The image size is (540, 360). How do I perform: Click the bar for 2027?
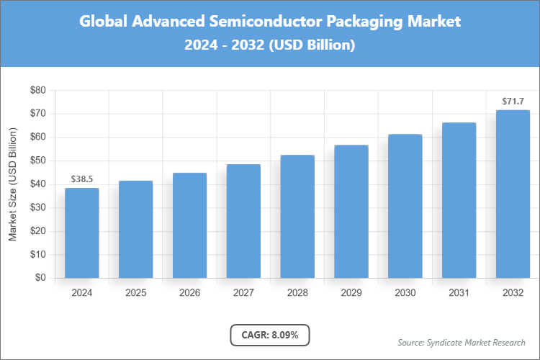tap(243, 221)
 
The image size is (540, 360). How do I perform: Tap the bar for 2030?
tap(405, 206)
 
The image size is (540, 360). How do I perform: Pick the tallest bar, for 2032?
tap(513, 194)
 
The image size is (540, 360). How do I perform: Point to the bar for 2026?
tap(189, 225)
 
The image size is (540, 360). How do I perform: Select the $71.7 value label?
tap(513, 102)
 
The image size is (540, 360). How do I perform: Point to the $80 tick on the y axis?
tap(37, 91)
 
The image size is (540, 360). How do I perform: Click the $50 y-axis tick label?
tap(37, 161)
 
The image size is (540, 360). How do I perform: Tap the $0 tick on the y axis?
tap(40, 278)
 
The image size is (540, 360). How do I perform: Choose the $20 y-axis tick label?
tap(37, 231)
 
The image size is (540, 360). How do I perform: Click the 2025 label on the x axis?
tap(135, 293)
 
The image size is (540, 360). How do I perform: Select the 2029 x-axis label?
tap(351, 293)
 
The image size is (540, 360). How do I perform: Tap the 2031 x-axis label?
tap(459, 293)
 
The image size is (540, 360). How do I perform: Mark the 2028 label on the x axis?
tap(297, 293)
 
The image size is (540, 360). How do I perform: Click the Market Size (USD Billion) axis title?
tap(12, 184)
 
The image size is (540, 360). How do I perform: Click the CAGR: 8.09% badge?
tap(270, 335)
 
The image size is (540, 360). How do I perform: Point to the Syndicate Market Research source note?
tap(462, 342)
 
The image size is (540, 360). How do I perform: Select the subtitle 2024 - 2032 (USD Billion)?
tap(270, 45)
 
